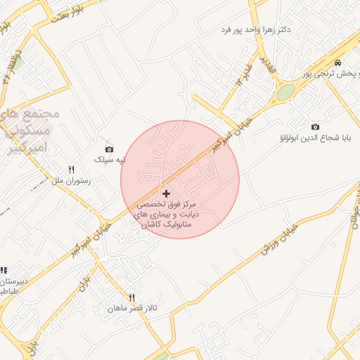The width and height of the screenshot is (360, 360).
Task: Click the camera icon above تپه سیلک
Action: (x=109, y=149)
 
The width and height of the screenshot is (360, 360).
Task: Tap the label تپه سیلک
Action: (x=110, y=160)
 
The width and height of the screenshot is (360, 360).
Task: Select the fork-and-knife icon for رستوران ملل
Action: (x=71, y=169)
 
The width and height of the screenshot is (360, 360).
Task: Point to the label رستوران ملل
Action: (x=72, y=181)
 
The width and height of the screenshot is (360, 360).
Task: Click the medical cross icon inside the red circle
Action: (x=166, y=193)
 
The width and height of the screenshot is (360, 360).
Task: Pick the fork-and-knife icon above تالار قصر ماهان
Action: (x=131, y=297)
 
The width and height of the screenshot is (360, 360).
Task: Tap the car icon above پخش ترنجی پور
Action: (x=338, y=62)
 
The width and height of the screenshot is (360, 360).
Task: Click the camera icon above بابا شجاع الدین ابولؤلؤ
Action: (x=315, y=127)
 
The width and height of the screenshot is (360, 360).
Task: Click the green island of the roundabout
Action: (x=285, y=92)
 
